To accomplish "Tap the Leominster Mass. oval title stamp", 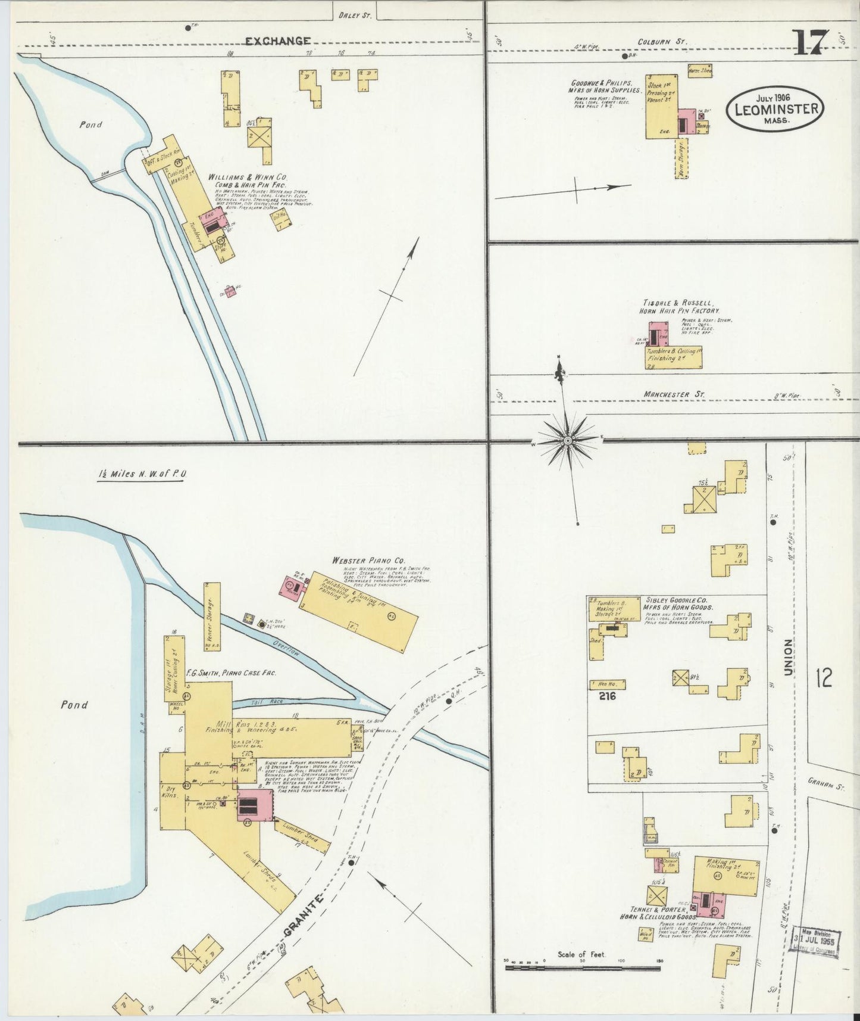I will (x=775, y=108).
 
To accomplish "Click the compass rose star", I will (x=568, y=440).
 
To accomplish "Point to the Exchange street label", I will (x=278, y=41).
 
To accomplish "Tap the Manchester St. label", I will (x=674, y=394).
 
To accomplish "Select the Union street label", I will (x=788, y=658).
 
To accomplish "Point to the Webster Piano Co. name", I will (x=369, y=561).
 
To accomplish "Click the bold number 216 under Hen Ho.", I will (x=607, y=695).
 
